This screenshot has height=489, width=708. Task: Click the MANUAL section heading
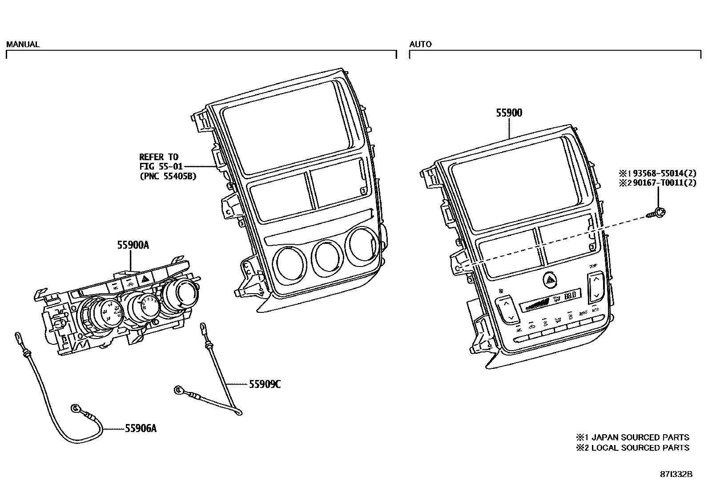pos(23,44)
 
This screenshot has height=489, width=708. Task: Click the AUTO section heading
pos(420,44)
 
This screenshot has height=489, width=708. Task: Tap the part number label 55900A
pos(133,245)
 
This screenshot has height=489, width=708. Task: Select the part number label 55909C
pos(265,384)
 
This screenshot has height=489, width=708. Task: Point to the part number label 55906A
pos(141,428)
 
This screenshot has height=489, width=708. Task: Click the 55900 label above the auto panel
pos(509,113)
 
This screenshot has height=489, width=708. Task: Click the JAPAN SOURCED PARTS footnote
pos(632,437)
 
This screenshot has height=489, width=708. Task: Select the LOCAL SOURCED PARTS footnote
pos(632,448)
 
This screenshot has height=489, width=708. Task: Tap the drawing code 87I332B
pos(676,474)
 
